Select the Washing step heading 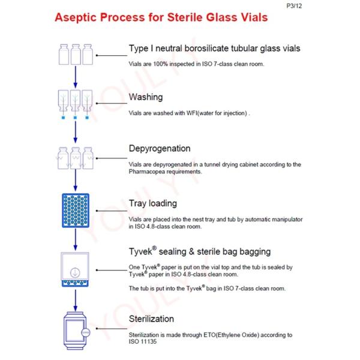pyautogui.click(x=146, y=97)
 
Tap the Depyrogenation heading pyautogui.click(x=160, y=148)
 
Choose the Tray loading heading pyautogui.click(x=153, y=203)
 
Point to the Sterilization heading pyautogui.click(x=151, y=319)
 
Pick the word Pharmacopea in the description pyautogui.click(x=150, y=171)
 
